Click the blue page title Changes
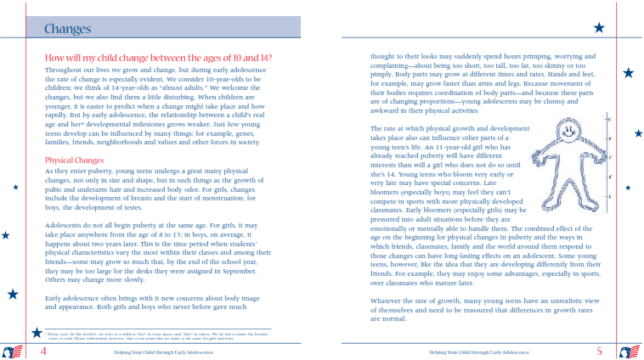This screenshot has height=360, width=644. tap(68, 30)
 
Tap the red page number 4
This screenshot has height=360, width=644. tap(43, 351)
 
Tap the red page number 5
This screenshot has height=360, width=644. tap(599, 351)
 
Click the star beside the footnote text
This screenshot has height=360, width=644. tap(37, 332)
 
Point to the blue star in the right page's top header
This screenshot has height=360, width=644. tap(599, 28)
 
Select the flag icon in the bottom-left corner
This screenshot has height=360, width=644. tap(13, 352)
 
